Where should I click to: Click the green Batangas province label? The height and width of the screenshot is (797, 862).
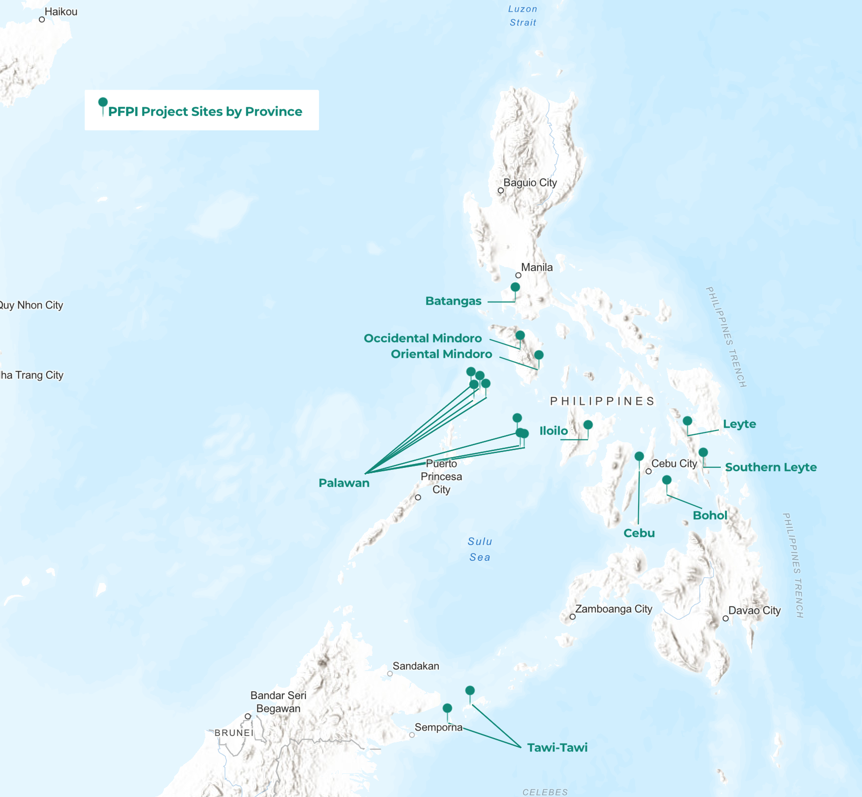click(x=453, y=301)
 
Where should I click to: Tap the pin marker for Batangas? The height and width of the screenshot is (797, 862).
click(x=515, y=287)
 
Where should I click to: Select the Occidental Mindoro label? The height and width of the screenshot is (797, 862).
click(x=423, y=338)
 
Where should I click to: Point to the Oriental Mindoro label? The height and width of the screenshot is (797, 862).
click(x=441, y=354)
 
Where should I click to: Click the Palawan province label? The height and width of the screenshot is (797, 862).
click(x=344, y=483)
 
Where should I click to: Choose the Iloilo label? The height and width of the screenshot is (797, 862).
click(x=554, y=431)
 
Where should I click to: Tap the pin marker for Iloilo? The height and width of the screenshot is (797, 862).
click(x=588, y=425)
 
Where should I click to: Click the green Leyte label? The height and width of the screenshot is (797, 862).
click(x=739, y=424)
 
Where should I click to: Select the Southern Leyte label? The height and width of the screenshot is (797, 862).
click(x=770, y=467)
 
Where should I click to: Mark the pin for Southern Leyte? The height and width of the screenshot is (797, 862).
click(x=703, y=453)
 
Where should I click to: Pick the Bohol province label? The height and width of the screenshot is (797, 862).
click(x=709, y=516)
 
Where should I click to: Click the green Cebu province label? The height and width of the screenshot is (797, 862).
click(x=639, y=533)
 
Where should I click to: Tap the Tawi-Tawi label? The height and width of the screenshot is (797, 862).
click(x=557, y=748)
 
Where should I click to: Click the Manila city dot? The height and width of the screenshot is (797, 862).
click(x=518, y=276)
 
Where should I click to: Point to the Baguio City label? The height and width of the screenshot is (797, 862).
click(x=530, y=183)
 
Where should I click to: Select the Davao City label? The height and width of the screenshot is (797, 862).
click(x=754, y=611)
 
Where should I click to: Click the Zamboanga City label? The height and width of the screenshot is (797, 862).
click(x=614, y=609)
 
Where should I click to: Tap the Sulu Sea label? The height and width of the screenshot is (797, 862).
click(x=480, y=549)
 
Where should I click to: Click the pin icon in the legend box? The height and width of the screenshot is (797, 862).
click(x=103, y=103)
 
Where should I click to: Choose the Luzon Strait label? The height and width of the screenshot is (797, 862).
click(x=523, y=16)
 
